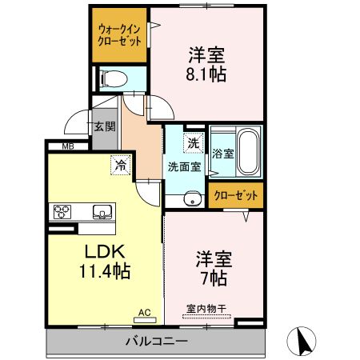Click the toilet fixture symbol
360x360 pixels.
[111, 78]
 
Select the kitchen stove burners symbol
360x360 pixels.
[62, 212]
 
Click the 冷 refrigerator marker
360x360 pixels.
[119, 166]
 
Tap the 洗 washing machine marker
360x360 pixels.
[193, 143]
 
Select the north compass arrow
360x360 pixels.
[305, 342]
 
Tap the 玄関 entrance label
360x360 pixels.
[103, 126]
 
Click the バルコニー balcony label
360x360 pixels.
[156, 342]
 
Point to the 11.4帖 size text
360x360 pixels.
[102, 270]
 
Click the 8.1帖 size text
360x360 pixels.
[206, 75]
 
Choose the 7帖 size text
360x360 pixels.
[212, 278]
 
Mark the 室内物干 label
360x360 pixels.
[205, 308]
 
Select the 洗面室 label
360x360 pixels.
[184, 167]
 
